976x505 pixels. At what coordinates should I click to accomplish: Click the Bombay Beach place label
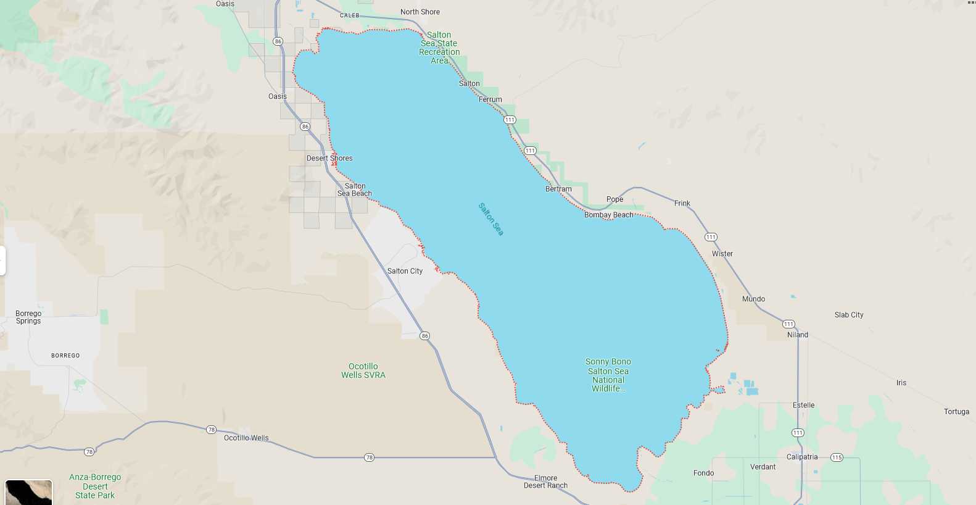coord(608,215)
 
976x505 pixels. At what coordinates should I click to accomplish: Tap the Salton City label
coord(405,271)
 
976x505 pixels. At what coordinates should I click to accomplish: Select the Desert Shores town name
coord(329,158)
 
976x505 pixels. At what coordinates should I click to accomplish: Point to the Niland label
coord(797,335)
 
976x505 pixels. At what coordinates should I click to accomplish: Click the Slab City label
coord(849,315)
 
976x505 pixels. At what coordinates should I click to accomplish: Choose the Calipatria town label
coord(802,457)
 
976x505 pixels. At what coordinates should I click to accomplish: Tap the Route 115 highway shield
coord(837,457)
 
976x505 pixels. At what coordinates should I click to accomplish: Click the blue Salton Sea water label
coord(491,219)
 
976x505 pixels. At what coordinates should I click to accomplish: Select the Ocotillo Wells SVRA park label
coord(363,370)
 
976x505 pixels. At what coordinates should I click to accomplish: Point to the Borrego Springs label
coord(28,317)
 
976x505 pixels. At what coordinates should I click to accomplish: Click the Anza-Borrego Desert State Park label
coord(95,486)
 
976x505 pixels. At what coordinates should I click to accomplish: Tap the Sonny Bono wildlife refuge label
coord(608,375)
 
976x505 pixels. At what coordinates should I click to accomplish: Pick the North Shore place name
coord(420,12)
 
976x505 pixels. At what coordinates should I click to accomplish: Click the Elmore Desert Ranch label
coord(545,482)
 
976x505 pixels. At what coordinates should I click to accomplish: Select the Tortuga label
coord(956,412)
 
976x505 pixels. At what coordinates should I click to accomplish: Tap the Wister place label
coord(722,254)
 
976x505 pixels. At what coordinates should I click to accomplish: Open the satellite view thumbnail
coord(28,493)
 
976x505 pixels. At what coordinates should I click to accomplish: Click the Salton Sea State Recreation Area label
coord(439,48)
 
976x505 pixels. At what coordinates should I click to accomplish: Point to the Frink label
coord(682,203)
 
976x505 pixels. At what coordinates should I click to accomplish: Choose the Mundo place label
coord(753,299)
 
